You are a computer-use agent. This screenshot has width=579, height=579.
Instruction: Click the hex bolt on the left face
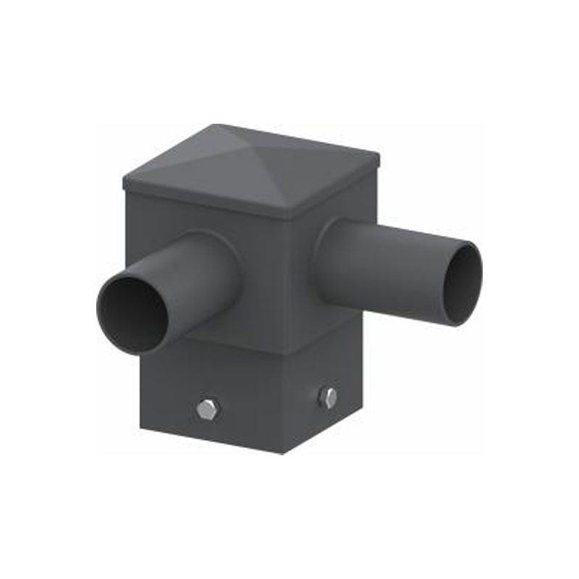click(207, 409)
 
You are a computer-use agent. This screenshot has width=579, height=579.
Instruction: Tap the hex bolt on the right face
click(328, 397)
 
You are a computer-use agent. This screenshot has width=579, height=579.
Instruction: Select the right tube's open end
click(462, 284)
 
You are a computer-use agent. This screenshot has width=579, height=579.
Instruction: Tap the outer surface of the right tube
click(384, 261)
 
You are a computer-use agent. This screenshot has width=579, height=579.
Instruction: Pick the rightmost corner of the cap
click(379, 156)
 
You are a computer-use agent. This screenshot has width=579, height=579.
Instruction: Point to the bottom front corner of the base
click(282, 453)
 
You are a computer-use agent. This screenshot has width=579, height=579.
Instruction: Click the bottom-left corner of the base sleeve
click(142, 428)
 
